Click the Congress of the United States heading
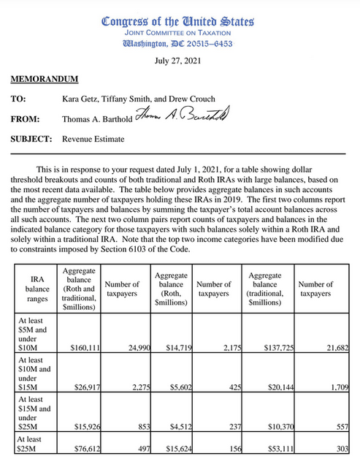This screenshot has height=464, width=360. click(x=179, y=21)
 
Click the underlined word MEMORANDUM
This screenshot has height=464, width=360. click(x=45, y=78)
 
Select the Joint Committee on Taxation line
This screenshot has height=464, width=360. click(x=179, y=33)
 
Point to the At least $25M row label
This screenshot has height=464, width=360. click(x=32, y=444)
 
